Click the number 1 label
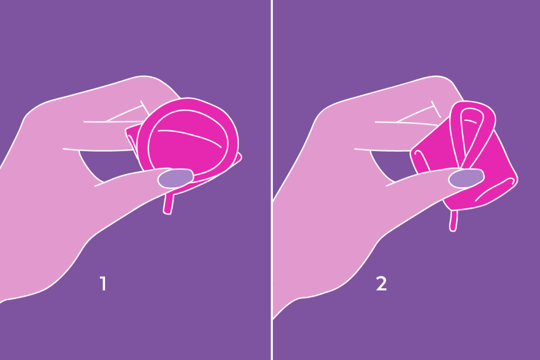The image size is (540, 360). tap(103, 284)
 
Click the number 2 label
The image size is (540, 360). tap(382, 284)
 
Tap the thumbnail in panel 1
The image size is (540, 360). tap(176, 179)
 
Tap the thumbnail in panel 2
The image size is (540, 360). tap(466, 179)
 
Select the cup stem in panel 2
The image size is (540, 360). tap(454, 221)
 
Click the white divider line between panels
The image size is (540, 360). tap(272, 180)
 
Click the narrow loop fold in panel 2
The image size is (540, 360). tap(473, 134)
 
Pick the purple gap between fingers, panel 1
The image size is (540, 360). tap(103, 166)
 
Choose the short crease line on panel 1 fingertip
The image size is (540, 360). tap(145, 108)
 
